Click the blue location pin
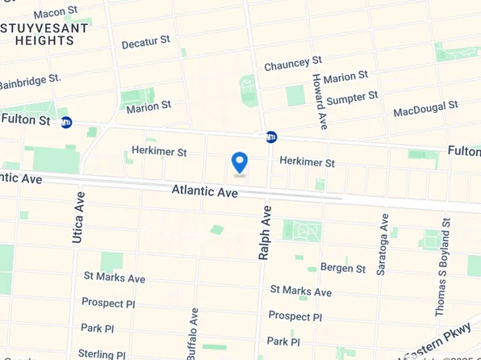tap(239, 163)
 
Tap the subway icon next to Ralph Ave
tap(272, 136)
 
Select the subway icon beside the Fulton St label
tap(66, 122)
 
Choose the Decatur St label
tap(146, 42)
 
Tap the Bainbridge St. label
tap(31, 82)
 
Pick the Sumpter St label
tap(352, 97)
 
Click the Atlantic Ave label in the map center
tap(204, 191)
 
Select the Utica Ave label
tap(78, 217)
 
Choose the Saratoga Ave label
tap(384, 244)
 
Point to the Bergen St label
tap(343, 267)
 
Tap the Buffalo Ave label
tap(194, 332)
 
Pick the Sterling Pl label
tap(102, 354)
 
